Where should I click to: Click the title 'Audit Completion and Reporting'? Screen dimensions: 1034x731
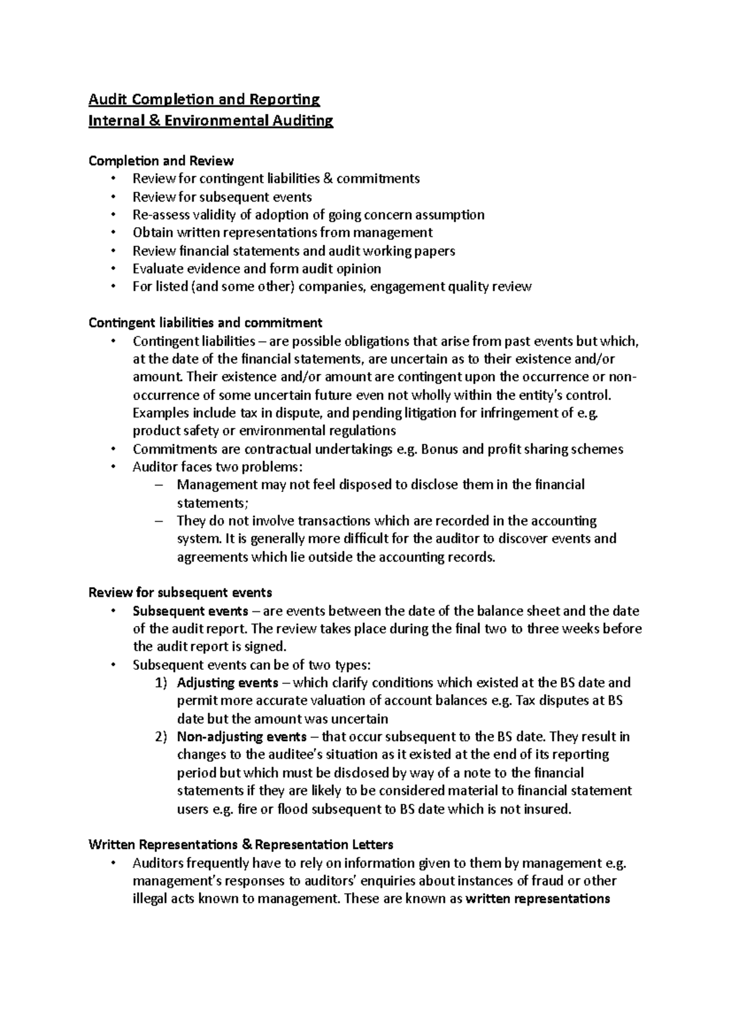pyautogui.click(x=204, y=99)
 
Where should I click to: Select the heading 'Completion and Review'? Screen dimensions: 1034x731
pyautogui.click(x=161, y=161)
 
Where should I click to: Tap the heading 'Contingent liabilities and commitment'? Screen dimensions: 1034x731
pyautogui.click(x=205, y=323)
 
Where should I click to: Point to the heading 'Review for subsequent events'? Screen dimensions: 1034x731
pyautogui.click(x=180, y=593)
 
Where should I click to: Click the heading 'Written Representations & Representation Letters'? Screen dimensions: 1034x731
pyautogui.click(x=241, y=845)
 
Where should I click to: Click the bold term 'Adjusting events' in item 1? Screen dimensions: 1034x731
pyautogui.click(x=227, y=683)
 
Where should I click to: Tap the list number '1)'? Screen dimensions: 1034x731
pyautogui.click(x=161, y=683)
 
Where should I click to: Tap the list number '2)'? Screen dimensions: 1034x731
pyautogui.click(x=161, y=737)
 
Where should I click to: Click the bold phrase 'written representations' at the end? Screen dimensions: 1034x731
pyautogui.click(x=537, y=899)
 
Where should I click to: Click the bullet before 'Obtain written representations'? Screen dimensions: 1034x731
pyautogui.click(x=113, y=233)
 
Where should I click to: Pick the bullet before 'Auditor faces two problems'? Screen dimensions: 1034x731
pyautogui.click(x=113, y=468)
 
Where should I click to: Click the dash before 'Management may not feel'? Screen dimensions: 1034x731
pyautogui.click(x=160, y=485)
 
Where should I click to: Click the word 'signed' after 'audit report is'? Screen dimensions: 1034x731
pyautogui.click(x=266, y=647)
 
